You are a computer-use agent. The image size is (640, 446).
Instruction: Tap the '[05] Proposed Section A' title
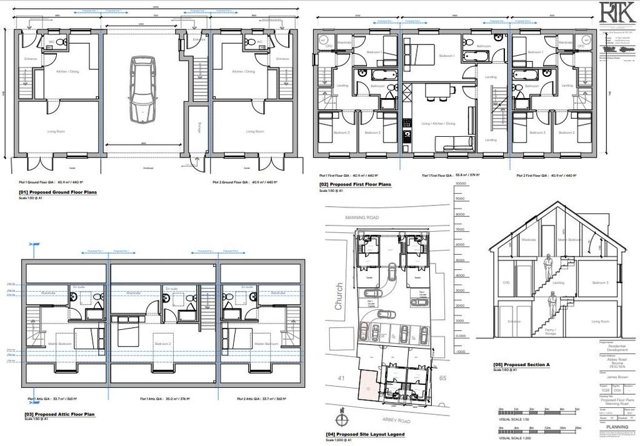(x=521, y=364)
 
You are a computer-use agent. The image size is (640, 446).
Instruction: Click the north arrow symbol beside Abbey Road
(x=341, y=416)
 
